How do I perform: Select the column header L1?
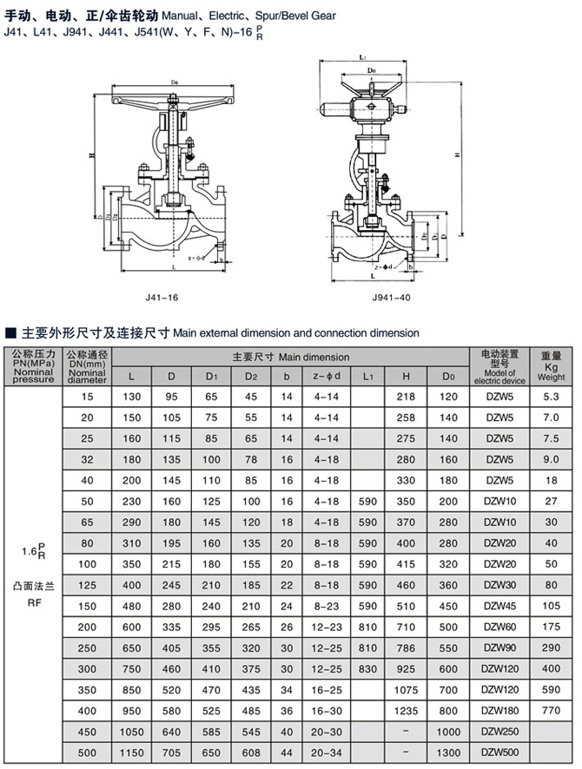pos(368,376)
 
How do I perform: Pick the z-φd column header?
pos(327,376)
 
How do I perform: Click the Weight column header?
pos(552,366)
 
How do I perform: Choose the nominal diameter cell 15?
pos(87,397)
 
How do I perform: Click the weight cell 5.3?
pos(552,397)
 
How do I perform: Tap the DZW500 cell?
pos(499,751)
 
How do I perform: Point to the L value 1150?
pos(132,751)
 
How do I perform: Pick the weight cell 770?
pos(552,709)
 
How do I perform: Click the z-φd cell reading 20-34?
pos(327,751)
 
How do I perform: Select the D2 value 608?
pos(251,751)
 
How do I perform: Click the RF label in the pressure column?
pos(33,598)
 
